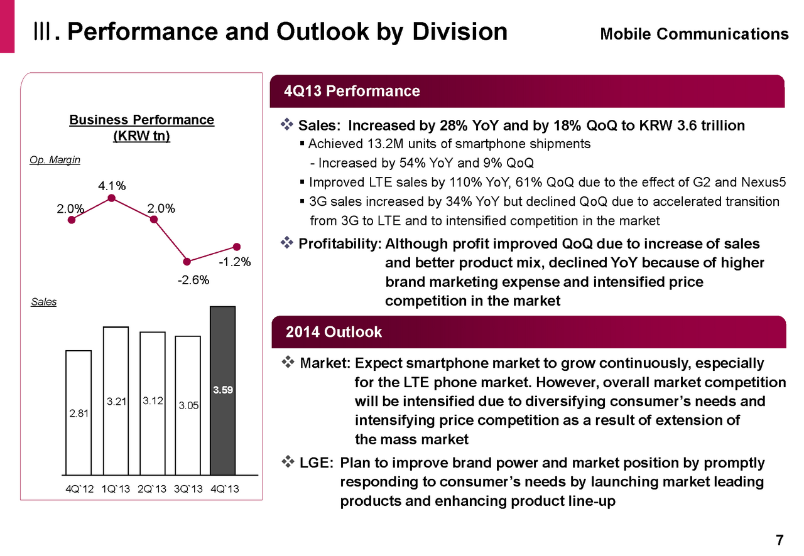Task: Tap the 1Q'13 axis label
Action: pos(116,489)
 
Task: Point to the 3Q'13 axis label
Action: pos(188,489)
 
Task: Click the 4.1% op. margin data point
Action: pos(111,198)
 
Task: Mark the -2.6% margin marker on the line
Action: pos(187,261)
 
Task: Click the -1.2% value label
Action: pos(235,262)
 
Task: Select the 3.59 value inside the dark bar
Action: pos(222,390)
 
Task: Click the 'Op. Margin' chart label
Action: pos(55,160)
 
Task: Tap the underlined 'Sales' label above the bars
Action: pos(43,302)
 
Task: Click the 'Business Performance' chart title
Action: pos(141,120)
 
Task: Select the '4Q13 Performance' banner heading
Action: pos(352,92)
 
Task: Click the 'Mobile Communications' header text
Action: pos(694,34)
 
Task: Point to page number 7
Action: pos(779,540)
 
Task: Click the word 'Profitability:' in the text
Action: pos(340,243)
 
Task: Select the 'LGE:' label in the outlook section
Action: pos(316,463)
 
